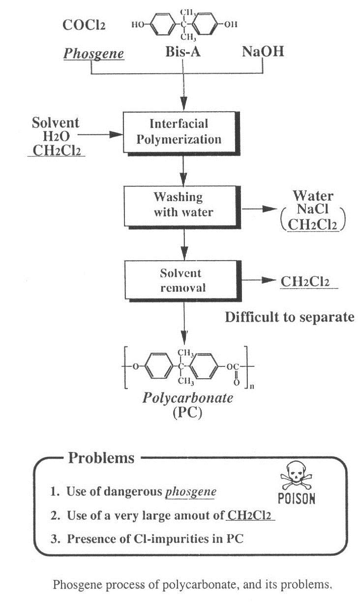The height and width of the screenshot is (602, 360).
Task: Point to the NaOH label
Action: tap(263, 52)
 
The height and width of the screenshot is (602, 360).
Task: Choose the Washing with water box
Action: tap(178, 204)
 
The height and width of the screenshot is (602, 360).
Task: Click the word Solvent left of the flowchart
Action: tap(55, 122)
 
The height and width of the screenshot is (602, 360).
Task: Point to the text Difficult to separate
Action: tap(289, 317)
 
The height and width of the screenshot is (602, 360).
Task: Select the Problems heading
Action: tap(100, 458)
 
